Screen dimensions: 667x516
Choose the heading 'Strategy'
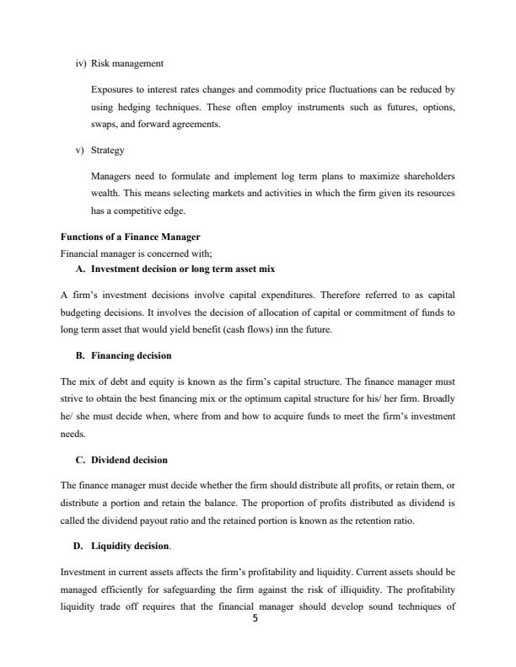click(107, 151)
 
